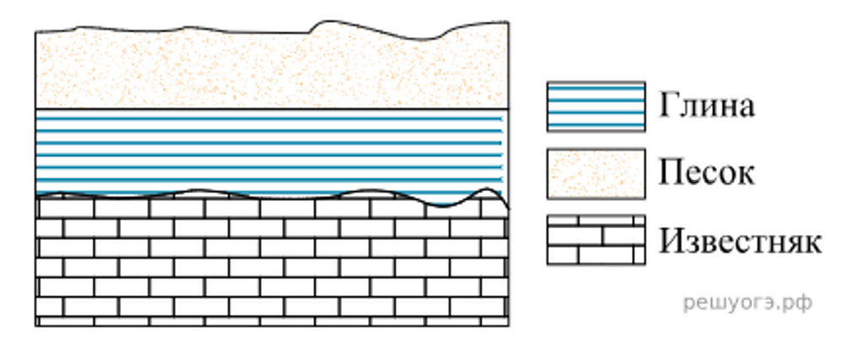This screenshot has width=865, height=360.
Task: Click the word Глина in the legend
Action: pyautogui.click(x=707, y=106)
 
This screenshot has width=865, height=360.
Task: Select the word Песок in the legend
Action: pyautogui.click(x=707, y=173)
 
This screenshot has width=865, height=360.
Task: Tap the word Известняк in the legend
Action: pyautogui.click(x=740, y=241)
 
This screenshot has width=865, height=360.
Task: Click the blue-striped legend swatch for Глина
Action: pyautogui.click(x=596, y=106)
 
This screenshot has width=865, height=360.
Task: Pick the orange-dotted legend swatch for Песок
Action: pyautogui.click(x=596, y=173)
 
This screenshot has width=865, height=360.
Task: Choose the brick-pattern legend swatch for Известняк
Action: pyautogui.click(x=596, y=240)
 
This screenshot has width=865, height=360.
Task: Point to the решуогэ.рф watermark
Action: pyautogui.click(x=748, y=303)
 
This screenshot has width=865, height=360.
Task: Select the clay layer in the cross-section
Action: pyautogui.click(x=271, y=151)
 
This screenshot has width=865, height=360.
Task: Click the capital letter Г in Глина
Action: pyautogui.click(x=669, y=105)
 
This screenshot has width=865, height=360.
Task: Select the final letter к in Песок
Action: pyautogui.click(x=746, y=177)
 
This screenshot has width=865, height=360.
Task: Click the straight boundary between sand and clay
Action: pyautogui.click(x=271, y=109)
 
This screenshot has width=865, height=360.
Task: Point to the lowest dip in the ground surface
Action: pyautogui.click(x=422, y=40)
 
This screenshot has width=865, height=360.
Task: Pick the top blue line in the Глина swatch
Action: pyautogui.click(x=596, y=88)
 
